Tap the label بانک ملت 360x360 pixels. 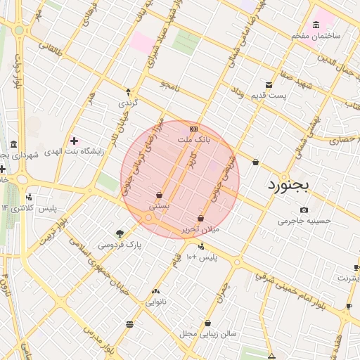click(x=193, y=141)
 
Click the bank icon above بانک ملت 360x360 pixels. click(x=193, y=129)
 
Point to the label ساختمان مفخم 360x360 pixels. click(x=316, y=35)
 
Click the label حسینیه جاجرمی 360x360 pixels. click(x=304, y=221)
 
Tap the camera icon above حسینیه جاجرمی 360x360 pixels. click(x=304, y=210)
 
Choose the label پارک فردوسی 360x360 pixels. click(x=120, y=245)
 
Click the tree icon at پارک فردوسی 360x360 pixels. click(x=120, y=233)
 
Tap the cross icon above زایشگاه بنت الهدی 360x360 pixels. click(x=74, y=141)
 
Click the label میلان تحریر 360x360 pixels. click(x=201, y=229)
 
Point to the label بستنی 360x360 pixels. click(x=160, y=207)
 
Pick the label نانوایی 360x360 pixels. click(x=155, y=302)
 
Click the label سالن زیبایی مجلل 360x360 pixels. click(x=207, y=333)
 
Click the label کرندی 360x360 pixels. click(x=127, y=103)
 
